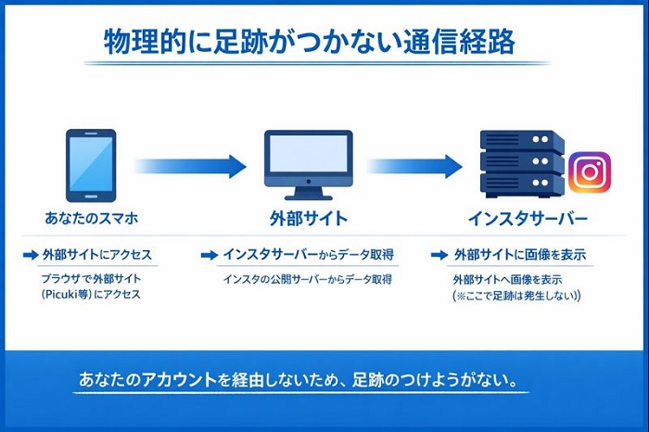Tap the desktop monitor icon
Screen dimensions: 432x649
(x=307, y=162)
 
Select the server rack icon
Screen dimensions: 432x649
(x=522, y=164)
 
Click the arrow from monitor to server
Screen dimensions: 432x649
(x=413, y=167)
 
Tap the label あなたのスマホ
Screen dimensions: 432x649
(x=91, y=219)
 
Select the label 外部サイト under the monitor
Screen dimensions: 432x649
(x=308, y=220)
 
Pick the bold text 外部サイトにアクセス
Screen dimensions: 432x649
(x=96, y=254)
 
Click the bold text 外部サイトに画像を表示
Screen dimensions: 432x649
(x=519, y=254)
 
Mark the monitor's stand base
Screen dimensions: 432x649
(x=307, y=196)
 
